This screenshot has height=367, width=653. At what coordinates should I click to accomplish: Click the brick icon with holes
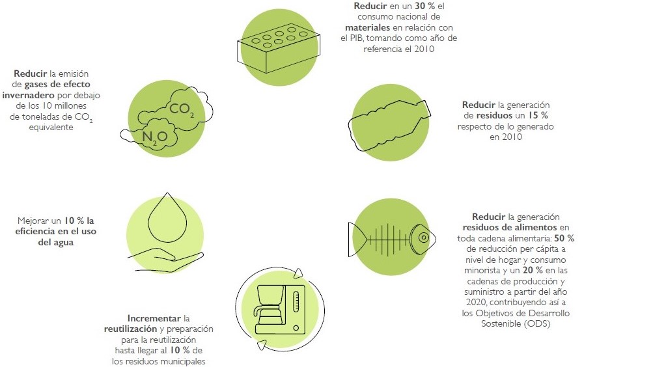pyautogui.click(x=278, y=48)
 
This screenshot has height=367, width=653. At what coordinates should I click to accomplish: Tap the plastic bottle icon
pyautogui.click(x=389, y=125)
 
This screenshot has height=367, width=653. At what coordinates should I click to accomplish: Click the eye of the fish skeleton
pyautogui.click(x=424, y=238)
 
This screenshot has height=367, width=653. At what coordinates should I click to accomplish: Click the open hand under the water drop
pyautogui.click(x=166, y=258)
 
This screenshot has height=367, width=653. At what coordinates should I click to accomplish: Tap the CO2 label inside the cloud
pyautogui.click(x=182, y=109)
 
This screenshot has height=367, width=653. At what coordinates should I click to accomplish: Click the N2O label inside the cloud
pyautogui.click(x=154, y=137)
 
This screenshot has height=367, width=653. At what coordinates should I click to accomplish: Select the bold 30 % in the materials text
pyautogui.click(x=425, y=6)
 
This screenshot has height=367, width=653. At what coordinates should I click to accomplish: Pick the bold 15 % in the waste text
pyautogui.click(x=538, y=115)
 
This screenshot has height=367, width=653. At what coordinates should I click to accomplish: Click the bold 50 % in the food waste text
pyautogui.click(x=564, y=238)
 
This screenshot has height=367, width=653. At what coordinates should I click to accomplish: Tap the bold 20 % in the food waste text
pyautogui.click(x=533, y=271)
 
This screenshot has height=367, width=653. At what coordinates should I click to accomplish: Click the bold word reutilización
pyautogui.click(x=131, y=329)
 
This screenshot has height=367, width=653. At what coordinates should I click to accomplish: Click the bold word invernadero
pyautogui.click(x=28, y=95)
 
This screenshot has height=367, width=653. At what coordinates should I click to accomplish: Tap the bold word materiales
pyautogui.click(x=367, y=27)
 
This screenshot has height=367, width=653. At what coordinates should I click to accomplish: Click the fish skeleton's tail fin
pyautogui.click(x=357, y=239)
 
